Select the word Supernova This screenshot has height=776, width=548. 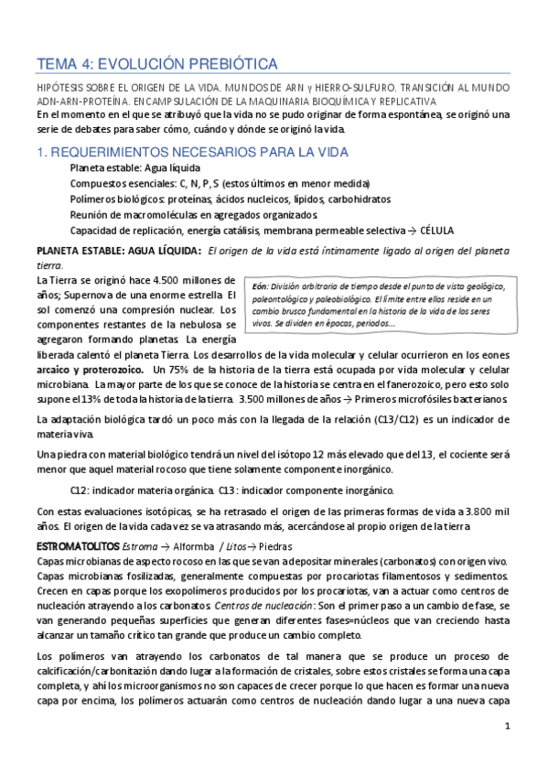85,294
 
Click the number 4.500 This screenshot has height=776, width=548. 143,279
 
